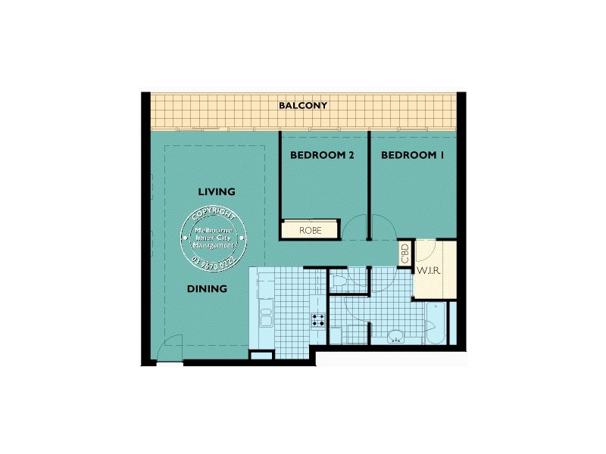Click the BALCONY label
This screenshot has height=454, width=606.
coord(303,106)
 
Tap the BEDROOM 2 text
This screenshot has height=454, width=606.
coord(323,156)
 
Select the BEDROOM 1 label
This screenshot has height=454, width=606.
coord(412,156)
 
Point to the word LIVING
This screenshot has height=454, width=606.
coord(217,191)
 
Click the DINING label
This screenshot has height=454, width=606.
coord(208,288)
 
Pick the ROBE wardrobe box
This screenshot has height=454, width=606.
coord(310,229)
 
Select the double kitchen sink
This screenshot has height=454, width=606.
coord(266,313)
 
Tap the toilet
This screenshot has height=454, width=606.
coord(340,282)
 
